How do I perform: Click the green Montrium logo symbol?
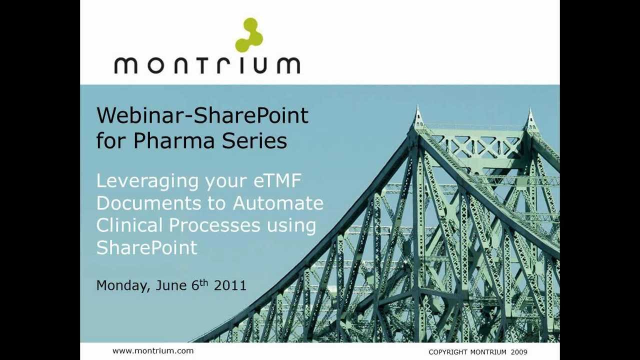(x=249, y=35)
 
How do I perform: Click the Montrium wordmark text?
(x=207, y=65)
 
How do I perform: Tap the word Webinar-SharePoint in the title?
(x=202, y=115)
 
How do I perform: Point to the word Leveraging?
(x=147, y=181)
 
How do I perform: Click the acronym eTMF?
(x=277, y=180)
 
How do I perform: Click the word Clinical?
(x=129, y=225)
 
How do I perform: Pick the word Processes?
(x=214, y=225)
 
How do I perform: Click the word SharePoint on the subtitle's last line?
(x=146, y=247)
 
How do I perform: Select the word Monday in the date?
(x=123, y=286)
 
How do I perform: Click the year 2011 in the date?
(x=230, y=285)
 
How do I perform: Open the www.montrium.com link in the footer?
(x=152, y=351)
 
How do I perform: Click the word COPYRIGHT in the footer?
(x=447, y=352)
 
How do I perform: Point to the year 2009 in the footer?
(x=519, y=352)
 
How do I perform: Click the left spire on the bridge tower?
(x=418, y=117)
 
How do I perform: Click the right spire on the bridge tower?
(x=530, y=120)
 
